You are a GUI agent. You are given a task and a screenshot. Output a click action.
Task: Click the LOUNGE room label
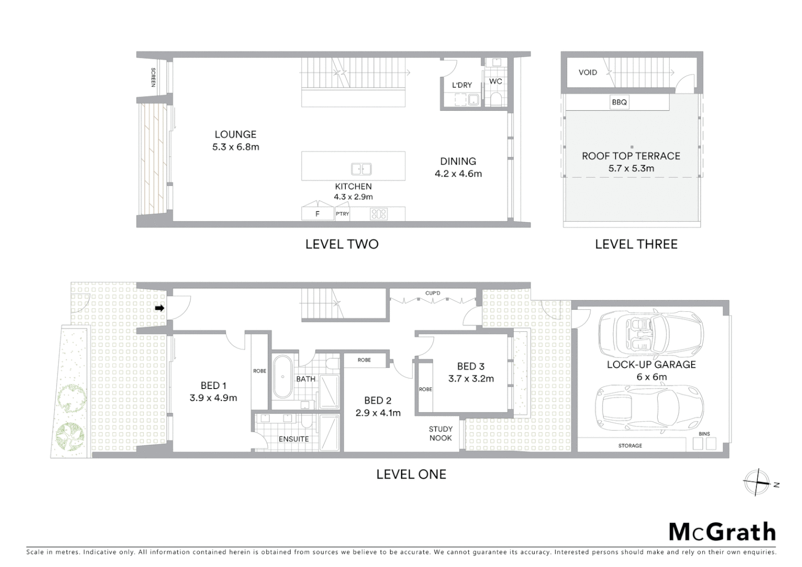(235, 134)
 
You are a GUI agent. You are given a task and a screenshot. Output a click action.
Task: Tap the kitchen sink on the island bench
(361, 169)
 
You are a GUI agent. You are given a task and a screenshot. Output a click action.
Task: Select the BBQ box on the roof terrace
(619, 102)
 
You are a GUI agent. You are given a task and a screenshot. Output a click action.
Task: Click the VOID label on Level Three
(587, 72)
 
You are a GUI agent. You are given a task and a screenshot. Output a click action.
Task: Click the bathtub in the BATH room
(283, 376)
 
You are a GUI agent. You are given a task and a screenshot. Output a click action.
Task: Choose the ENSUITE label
(293, 439)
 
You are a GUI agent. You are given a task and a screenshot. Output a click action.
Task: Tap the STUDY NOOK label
(440, 433)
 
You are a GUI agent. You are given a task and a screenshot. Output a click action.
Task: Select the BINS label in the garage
(704, 434)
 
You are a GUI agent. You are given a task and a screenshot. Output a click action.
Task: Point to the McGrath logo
(722, 532)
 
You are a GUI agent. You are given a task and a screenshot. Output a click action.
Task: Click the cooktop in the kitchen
(378, 214)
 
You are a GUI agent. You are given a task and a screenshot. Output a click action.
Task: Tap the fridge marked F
(318, 214)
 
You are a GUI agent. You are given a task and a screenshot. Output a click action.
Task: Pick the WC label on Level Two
(495, 81)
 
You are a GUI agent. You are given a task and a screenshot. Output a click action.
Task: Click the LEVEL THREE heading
(636, 244)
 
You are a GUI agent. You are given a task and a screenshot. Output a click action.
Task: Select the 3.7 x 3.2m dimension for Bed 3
(471, 379)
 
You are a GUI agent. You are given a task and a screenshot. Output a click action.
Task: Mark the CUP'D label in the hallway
(432, 293)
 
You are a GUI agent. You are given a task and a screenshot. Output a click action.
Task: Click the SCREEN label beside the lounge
(153, 77)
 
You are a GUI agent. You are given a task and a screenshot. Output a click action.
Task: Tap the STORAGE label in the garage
(630, 446)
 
